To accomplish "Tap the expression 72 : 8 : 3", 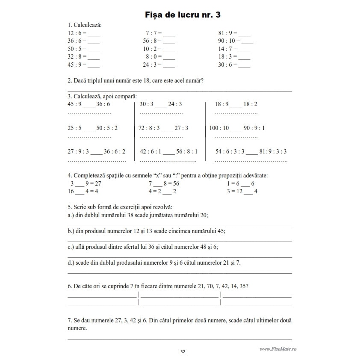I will (x=149, y=128).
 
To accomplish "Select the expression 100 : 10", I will (x=219, y=128).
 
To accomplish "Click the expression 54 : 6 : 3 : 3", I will (x=230, y=151).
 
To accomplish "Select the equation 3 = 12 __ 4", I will (x=242, y=191).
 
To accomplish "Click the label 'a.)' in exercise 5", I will (x=71, y=215).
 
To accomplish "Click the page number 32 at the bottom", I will (x=183, y=352).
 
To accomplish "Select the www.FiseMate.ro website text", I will (x=278, y=349).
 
